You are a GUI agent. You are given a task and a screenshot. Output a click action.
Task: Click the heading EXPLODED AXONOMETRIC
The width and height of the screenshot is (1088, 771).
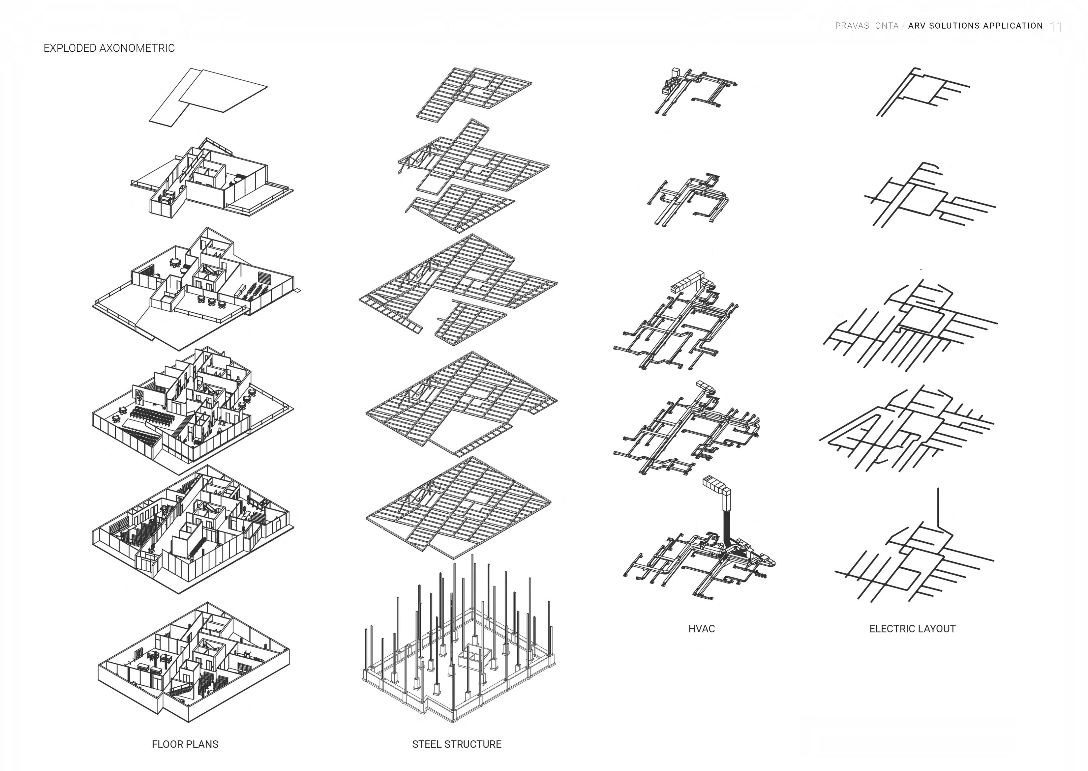tap(109, 48)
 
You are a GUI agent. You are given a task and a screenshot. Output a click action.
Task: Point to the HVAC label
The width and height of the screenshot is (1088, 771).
tap(701, 629)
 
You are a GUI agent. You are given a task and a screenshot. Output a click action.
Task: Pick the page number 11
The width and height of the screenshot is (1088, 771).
tap(1056, 27)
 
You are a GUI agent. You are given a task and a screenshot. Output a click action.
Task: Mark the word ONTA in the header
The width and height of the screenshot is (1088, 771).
tap(887, 26)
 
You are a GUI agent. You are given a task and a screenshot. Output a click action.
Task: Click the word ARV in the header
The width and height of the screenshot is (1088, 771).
tap(917, 26)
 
